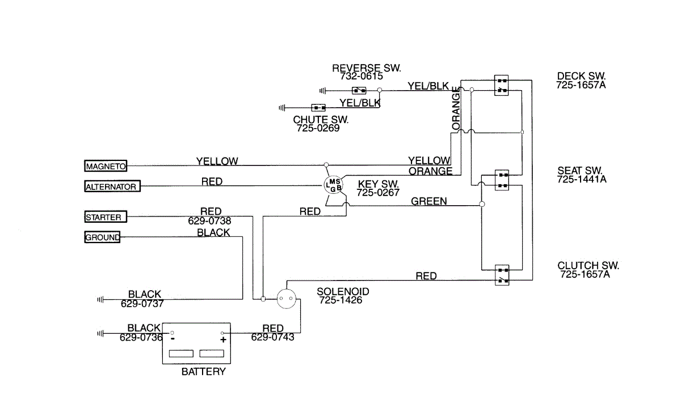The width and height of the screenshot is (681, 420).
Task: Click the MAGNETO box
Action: (106, 166)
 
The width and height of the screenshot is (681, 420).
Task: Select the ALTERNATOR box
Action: (111, 186)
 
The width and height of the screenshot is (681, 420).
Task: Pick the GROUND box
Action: (102, 237)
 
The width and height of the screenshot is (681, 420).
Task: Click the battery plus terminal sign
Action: (223, 340)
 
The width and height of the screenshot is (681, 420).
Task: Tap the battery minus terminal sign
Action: (172, 339)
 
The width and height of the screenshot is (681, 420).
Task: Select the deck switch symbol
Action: (501, 86)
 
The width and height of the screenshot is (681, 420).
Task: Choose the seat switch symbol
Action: (501, 180)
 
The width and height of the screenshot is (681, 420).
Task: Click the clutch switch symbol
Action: (501, 274)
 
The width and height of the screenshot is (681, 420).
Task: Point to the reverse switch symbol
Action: (359, 90)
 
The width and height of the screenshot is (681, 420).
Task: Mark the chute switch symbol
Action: (318, 107)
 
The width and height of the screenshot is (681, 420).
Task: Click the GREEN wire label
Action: (428, 201)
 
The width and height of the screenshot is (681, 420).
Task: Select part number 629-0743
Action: (272, 337)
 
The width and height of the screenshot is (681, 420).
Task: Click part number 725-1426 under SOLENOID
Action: (340, 300)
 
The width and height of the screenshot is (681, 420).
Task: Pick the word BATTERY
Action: (203, 372)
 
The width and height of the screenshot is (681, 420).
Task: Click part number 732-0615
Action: (361, 76)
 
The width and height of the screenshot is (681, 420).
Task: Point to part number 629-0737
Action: (142, 303)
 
